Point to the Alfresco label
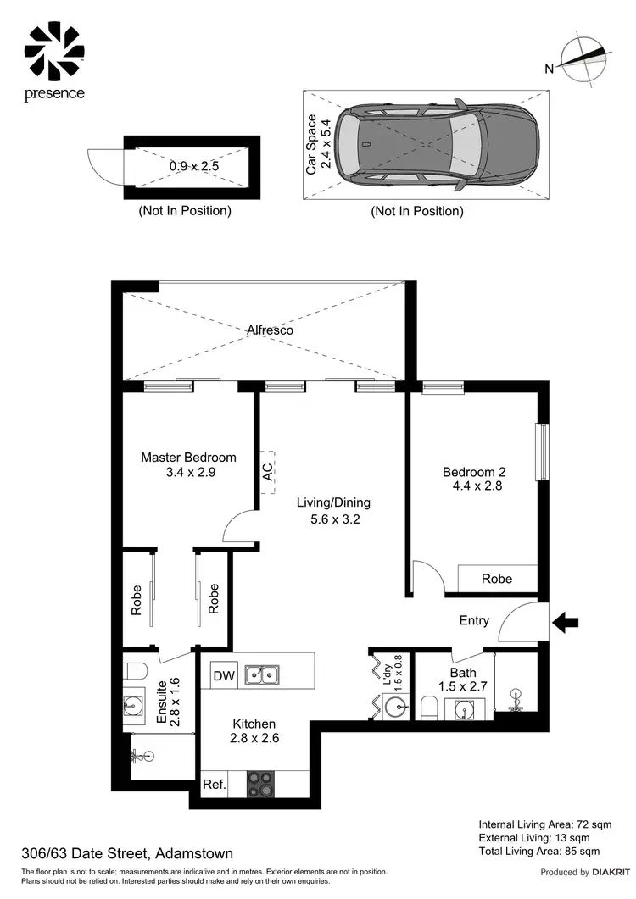[271, 330]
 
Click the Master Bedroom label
[188, 458]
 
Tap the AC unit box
[268, 472]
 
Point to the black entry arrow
[565, 624]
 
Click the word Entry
[474, 620]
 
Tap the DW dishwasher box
[223, 675]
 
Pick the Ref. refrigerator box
[215, 785]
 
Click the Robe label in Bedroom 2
[497, 579]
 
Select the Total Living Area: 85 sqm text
[539, 851]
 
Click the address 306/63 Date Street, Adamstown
[127, 854]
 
